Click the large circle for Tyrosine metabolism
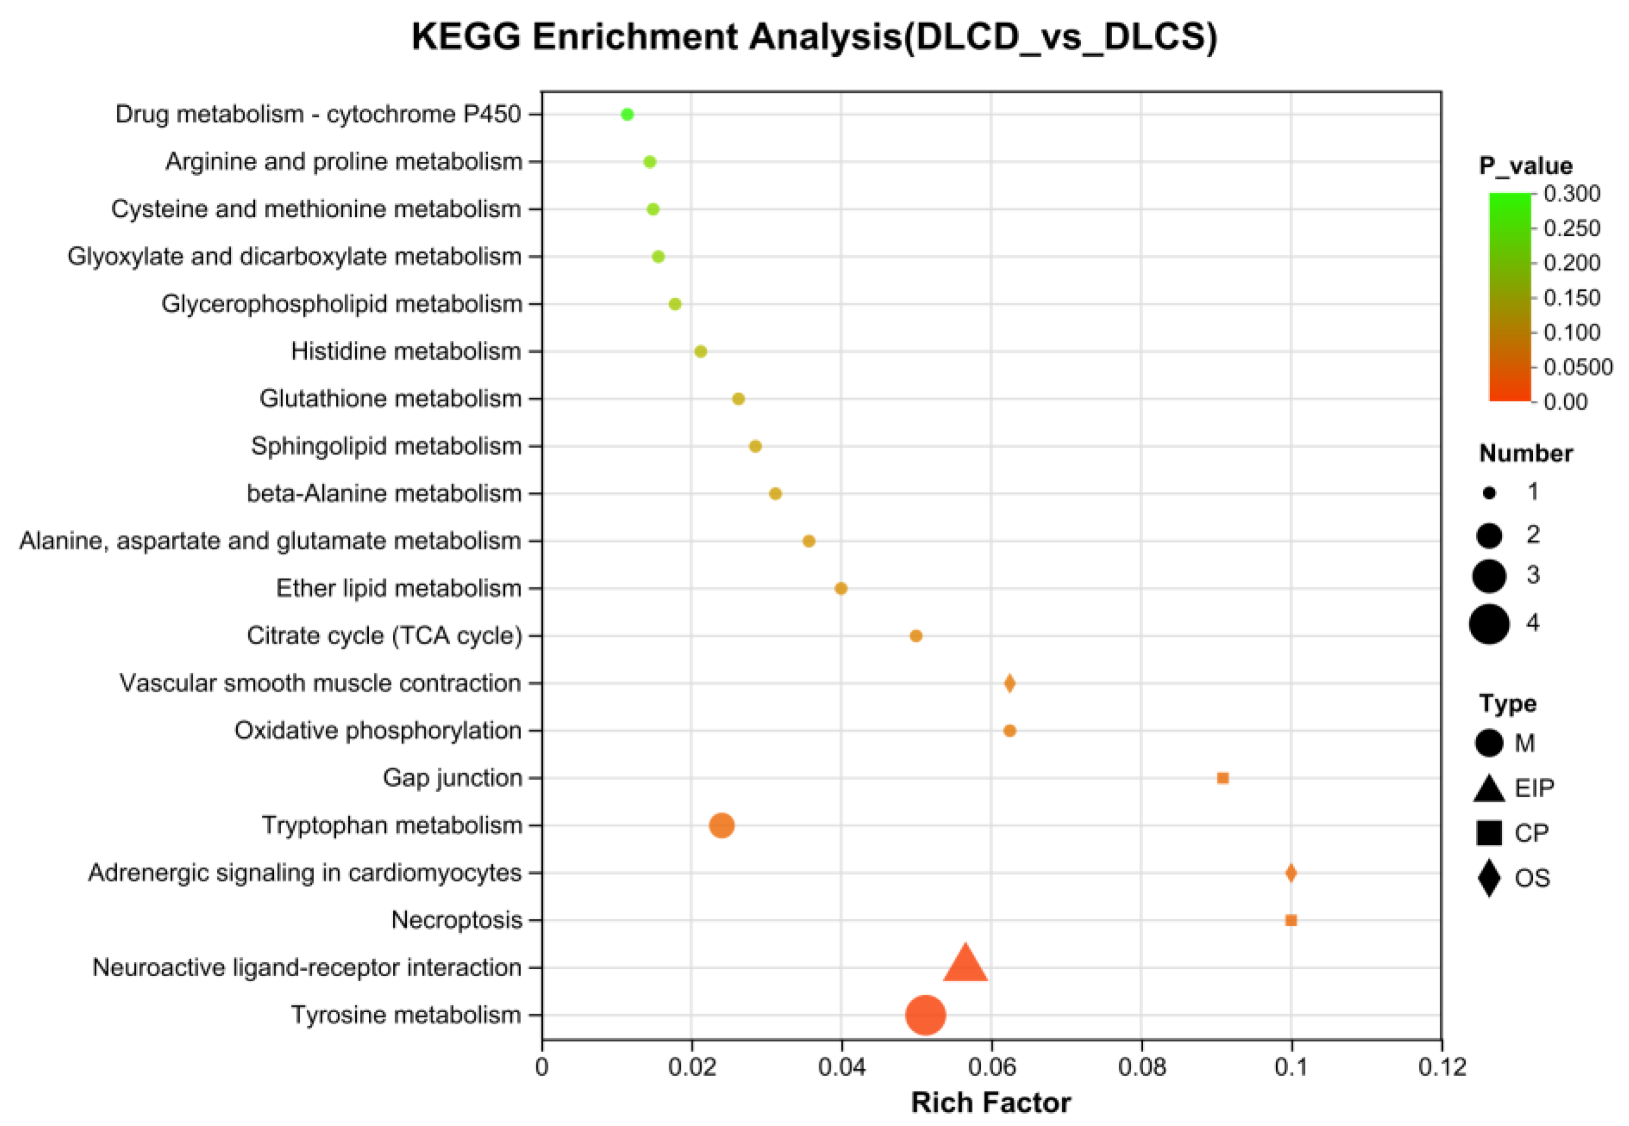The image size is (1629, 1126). tap(925, 1015)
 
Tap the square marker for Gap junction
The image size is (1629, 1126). tap(1223, 778)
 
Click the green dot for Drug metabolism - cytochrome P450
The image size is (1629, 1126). tap(627, 114)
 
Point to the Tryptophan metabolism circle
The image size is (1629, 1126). tap(721, 825)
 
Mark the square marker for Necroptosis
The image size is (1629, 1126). tap(1291, 920)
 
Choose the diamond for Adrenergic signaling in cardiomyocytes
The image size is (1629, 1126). tap(1291, 874)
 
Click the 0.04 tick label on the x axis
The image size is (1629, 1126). tap(841, 1067)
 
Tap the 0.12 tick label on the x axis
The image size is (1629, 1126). tap(1441, 1067)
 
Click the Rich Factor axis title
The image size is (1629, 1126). tap(991, 1103)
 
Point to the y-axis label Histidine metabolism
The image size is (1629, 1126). tap(406, 351)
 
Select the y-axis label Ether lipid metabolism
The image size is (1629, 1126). tap(398, 588)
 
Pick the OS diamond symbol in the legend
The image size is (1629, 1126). tap(1489, 878)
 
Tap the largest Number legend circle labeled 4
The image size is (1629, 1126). tap(1489, 623)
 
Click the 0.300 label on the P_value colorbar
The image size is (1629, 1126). tap(1572, 193)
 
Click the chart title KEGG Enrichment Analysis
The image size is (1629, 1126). tap(815, 37)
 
